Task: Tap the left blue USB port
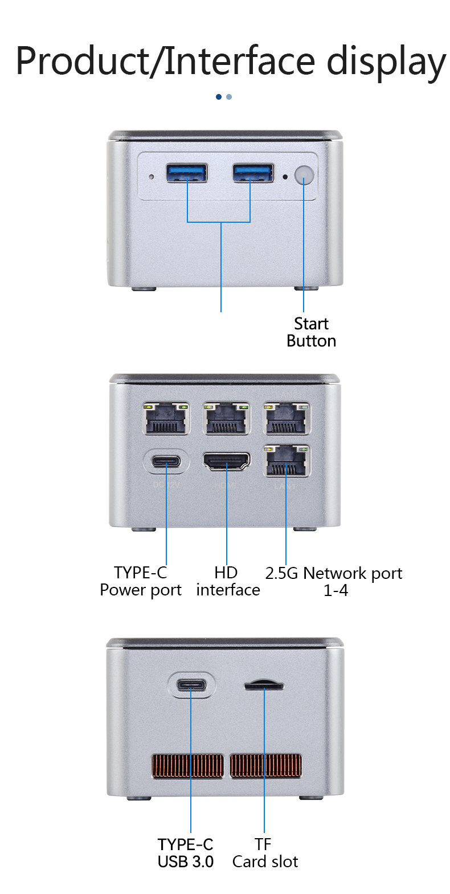[187, 173]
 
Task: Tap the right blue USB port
[253, 173]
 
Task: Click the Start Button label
[311, 332]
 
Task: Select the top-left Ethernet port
[166, 419]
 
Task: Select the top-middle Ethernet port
[227, 419]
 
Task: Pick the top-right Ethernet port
[287, 419]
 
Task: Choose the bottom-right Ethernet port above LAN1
[287, 461]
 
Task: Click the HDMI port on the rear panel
[227, 462]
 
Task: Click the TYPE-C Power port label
[141, 581]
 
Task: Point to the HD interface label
[228, 581]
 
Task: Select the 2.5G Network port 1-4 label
[334, 581]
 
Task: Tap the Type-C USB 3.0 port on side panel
[191, 685]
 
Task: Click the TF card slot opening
[264, 685]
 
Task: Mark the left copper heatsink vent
[187, 766]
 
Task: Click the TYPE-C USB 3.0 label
[186, 853]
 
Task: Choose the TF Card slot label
[265, 853]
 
